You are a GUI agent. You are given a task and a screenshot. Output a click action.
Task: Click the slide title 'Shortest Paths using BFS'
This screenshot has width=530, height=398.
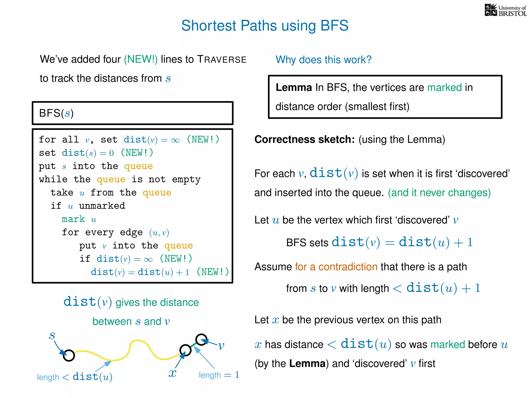coord(265,26)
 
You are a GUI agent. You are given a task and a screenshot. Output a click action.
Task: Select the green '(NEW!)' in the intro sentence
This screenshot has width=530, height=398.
coord(141,59)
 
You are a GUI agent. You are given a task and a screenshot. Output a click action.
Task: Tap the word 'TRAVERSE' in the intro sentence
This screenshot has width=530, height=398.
coord(222,60)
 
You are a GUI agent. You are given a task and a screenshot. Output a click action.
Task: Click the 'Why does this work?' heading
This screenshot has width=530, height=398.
coord(323,60)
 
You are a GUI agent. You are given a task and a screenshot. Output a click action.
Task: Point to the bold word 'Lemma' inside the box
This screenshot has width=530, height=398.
coord(293,88)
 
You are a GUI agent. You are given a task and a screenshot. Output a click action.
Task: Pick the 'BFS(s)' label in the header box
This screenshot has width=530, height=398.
coord(56,113)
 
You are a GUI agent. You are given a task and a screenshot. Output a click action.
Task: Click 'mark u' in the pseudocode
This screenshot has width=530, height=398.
coord(79,219)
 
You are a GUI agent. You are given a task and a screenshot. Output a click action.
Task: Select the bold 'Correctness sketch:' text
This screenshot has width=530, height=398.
coord(304,139)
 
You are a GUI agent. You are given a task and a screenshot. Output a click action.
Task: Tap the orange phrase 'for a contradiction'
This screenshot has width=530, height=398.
coord(336,267)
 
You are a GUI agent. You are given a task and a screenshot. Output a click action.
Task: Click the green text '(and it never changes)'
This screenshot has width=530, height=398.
coord(439,193)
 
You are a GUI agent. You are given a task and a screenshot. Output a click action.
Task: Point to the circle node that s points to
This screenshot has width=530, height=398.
coord(69,355)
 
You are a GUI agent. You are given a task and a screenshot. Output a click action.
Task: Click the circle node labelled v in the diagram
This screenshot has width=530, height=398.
coord(201,339)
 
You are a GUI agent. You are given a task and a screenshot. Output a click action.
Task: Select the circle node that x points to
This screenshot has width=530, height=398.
coord(185,350)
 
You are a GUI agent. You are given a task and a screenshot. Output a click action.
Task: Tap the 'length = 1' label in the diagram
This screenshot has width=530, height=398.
coord(219,375)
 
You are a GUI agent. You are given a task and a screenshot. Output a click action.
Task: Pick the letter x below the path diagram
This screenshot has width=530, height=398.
coord(172,373)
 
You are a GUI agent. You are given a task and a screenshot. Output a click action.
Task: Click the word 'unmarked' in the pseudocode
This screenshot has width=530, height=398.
coord(102,206)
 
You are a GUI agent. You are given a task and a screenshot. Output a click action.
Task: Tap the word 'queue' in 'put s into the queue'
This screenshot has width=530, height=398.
coord(138,166)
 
